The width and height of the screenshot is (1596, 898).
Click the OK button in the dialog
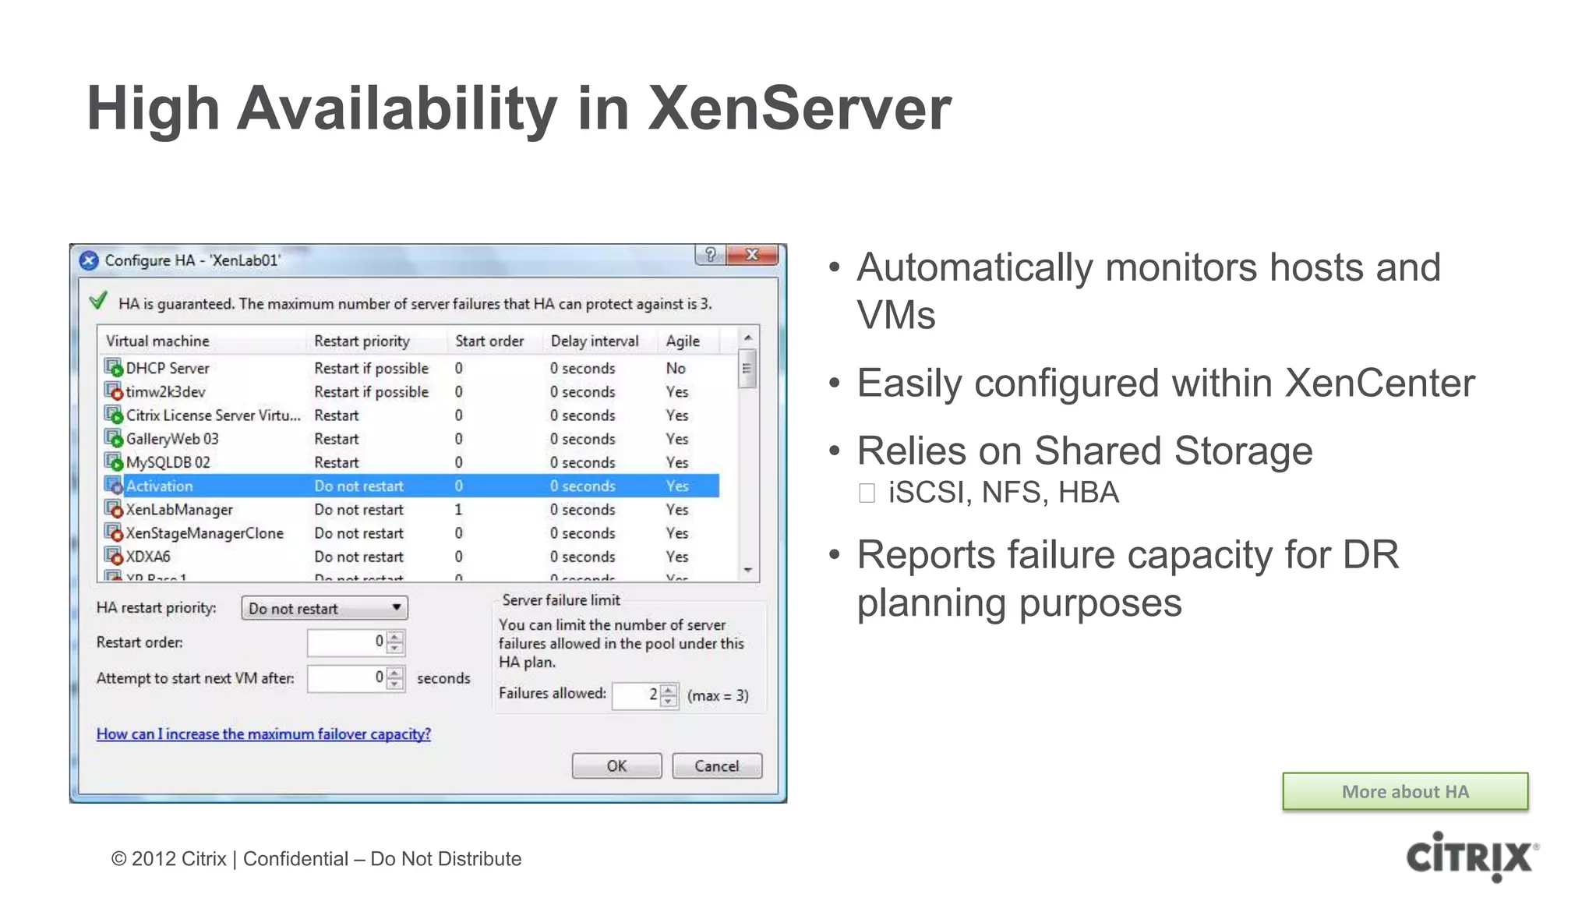tap(616, 765)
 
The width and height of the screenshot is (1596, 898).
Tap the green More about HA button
tap(1404, 791)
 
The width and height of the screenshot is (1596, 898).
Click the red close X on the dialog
tap(752, 255)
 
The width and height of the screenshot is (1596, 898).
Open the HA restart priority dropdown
tap(324, 608)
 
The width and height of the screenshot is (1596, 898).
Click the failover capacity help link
tap(263, 734)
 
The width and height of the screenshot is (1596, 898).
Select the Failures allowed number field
tap(637, 695)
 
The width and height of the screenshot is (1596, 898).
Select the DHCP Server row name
tap(168, 368)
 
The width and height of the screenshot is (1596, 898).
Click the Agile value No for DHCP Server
tap(676, 368)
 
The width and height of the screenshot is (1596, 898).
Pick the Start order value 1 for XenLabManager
tap(458, 509)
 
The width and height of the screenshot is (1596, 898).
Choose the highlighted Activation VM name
tap(159, 486)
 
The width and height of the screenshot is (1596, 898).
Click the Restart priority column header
tap(362, 341)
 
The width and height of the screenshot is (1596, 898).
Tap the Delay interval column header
tap(594, 341)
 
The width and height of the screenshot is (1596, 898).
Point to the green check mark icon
tap(98, 301)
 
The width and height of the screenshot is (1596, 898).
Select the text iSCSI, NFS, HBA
tap(1003, 493)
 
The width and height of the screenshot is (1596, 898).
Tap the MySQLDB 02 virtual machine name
tap(168, 462)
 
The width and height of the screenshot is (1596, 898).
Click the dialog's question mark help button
tap(710, 255)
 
